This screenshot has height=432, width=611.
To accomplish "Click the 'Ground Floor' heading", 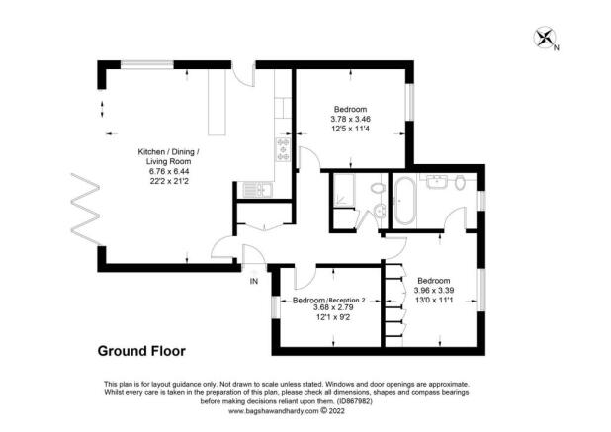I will click(139, 350).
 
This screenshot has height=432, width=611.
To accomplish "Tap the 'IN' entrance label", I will click(253, 282).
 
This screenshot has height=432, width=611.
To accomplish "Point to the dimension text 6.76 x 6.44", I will click(168, 170).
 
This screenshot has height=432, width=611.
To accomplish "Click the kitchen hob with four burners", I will click(283, 149).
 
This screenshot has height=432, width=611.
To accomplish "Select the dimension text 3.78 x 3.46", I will click(351, 120).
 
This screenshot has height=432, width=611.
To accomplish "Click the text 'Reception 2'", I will click(347, 300).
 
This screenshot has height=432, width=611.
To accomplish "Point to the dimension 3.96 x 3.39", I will click(434, 291).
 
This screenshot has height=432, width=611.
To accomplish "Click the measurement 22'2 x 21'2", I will click(168, 182).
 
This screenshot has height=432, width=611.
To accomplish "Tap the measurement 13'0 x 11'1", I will click(434, 302).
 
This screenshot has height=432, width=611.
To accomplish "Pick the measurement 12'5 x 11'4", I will click(351, 130).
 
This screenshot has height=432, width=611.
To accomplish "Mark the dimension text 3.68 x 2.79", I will click(328, 308).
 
